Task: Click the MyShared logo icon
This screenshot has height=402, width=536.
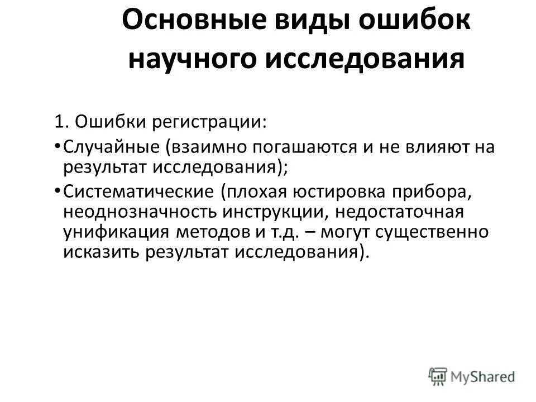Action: (x=438, y=375)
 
